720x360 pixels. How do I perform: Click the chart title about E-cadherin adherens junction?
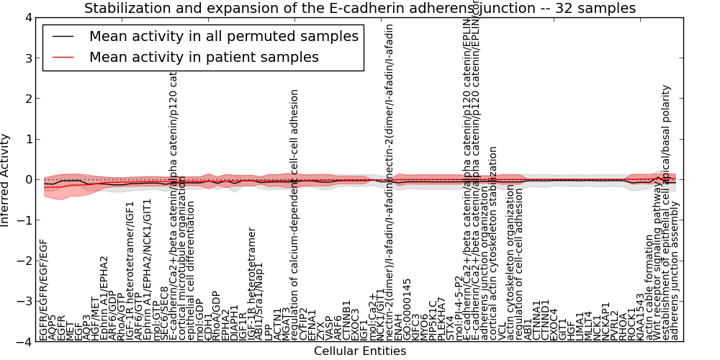(x=360, y=9)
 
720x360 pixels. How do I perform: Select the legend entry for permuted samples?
(x=224, y=36)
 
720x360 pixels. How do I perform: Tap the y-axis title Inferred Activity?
(x=6, y=180)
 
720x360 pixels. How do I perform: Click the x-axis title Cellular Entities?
(x=360, y=351)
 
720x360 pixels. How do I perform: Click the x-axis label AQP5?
(x=52, y=328)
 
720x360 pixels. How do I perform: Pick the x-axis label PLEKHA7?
(x=441, y=319)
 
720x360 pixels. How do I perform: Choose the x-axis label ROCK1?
(x=631, y=325)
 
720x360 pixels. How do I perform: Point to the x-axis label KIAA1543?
(x=640, y=318)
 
